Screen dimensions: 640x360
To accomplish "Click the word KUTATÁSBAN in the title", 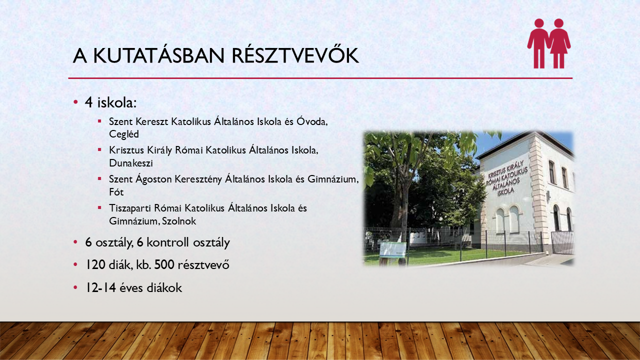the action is coord(159,55).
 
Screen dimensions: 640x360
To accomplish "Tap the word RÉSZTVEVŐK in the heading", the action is coord(295,55).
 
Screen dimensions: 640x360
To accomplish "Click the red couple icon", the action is coord(549,43).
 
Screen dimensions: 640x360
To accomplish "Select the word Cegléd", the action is coord(124,134).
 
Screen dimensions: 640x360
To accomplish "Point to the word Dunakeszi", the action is coord(131,163).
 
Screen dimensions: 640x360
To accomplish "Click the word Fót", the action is coord(116,191).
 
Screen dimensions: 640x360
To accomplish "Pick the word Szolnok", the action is coord(179,221).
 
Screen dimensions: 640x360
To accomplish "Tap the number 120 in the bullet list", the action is coord(95,264).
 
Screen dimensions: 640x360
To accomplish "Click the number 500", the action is coord(164,264).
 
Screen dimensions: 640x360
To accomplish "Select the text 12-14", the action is coord(101,287).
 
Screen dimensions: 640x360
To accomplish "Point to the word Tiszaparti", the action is coord(129,208).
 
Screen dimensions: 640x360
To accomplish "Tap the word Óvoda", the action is coord(312,121).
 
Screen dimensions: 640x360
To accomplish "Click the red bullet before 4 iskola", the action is coord(75,102).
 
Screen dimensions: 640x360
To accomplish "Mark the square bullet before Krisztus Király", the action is coord(99,149).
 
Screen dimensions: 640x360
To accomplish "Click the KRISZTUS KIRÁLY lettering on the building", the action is coord(505,169).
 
